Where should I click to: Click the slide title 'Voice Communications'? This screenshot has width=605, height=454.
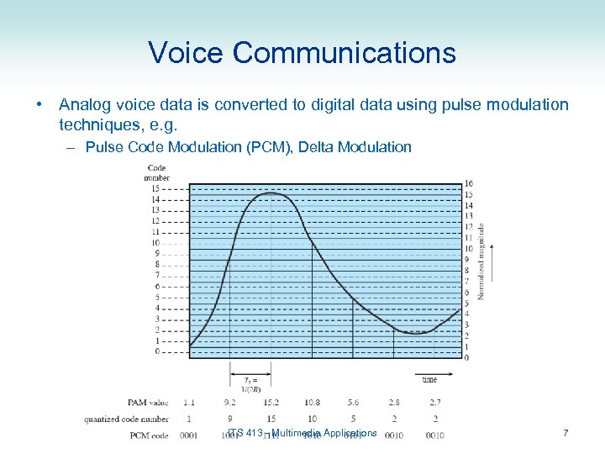302,53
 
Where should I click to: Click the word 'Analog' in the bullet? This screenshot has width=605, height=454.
84,105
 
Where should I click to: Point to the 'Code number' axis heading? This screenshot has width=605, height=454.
156,172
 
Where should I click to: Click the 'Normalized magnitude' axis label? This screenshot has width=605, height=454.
481,261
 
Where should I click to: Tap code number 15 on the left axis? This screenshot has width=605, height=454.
155,188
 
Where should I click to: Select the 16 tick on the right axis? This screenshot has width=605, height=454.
468,184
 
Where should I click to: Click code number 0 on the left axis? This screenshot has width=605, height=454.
157,351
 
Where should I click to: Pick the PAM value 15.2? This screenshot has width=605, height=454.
271,403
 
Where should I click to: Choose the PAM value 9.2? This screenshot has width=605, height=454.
229,403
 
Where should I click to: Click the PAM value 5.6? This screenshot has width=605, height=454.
352,403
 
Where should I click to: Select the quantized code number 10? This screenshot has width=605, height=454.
312,419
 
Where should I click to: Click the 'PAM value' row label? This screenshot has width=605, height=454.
149,403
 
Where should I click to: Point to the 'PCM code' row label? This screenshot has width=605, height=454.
149,435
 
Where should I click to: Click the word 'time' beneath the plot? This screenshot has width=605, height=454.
429,380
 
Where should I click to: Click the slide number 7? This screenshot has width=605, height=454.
566,433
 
